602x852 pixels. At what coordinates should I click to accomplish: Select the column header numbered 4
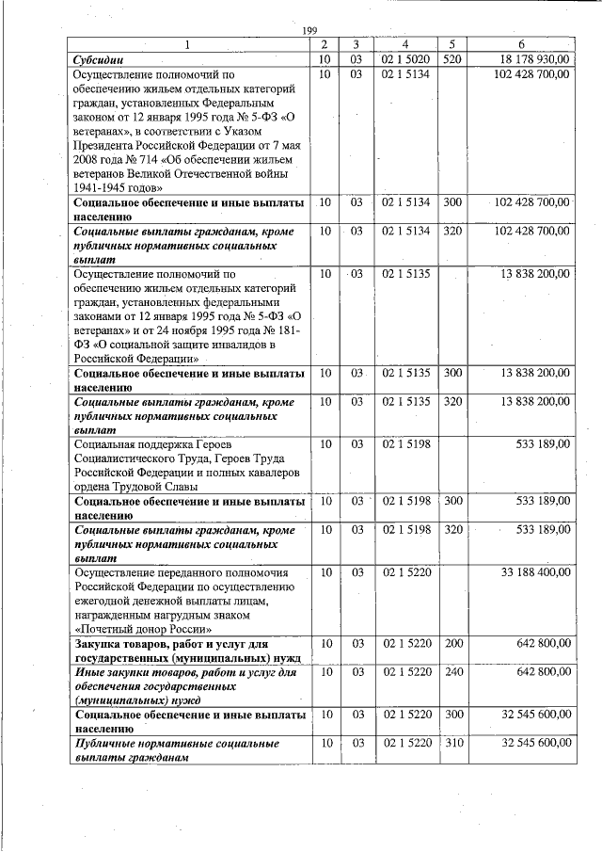click(x=404, y=44)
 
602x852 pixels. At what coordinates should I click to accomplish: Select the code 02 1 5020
click(x=405, y=59)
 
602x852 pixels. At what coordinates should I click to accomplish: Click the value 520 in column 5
click(x=452, y=59)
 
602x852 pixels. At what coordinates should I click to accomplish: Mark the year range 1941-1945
click(x=103, y=188)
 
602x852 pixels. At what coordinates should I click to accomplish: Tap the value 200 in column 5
click(x=452, y=643)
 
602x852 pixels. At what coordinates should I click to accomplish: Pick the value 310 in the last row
click(x=452, y=744)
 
